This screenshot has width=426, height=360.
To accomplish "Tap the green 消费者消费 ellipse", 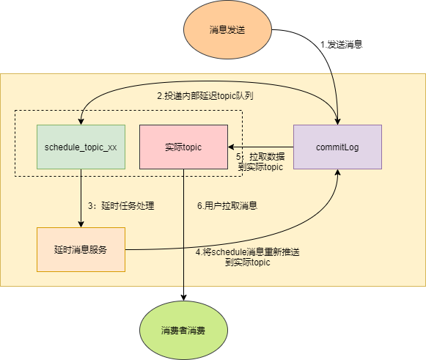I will click(183, 330).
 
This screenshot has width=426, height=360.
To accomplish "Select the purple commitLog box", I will click(337, 147).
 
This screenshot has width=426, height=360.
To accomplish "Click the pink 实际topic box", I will click(183, 147).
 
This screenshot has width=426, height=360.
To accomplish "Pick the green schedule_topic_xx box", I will click(81, 147).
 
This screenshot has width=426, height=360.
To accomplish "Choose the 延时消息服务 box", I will click(81, 249).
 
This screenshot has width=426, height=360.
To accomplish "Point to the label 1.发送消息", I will click(342, 44).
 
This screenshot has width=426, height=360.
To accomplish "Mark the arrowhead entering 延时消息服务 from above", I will click(81, 224).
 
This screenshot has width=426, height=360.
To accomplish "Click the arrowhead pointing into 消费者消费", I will click(183, 297).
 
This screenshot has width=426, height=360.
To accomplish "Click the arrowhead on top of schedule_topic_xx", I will click(81, 121).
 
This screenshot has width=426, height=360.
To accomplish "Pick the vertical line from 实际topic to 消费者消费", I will click(183, 235).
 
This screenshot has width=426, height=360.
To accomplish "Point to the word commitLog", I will click(337, 147).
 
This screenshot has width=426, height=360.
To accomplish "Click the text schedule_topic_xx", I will click(81, 147).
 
